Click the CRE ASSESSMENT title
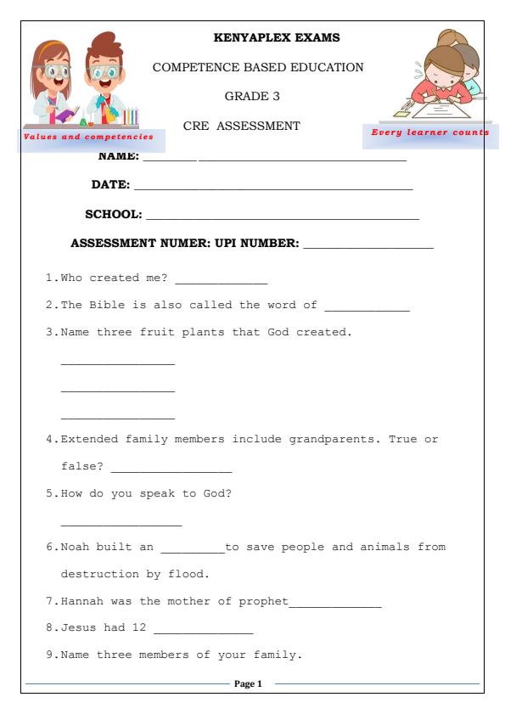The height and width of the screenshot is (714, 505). (x=241, y=126)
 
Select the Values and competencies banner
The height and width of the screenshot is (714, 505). (x=88, y=136)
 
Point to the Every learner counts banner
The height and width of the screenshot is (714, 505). (x=430, y=132)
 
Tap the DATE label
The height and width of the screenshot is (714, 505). (x=110, y=184)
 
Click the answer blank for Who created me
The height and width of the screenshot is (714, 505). (x=221, y=282)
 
